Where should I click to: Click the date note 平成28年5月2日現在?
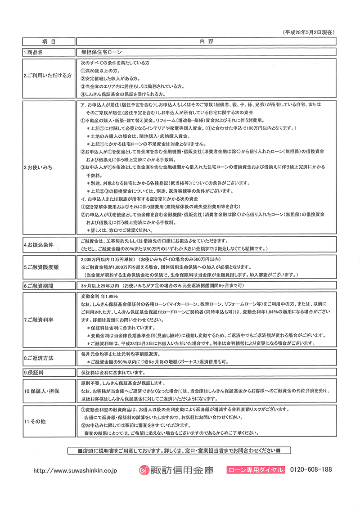(310, 33)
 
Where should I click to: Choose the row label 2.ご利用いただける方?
(48, 76)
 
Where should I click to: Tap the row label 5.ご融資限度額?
(41, 267)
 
